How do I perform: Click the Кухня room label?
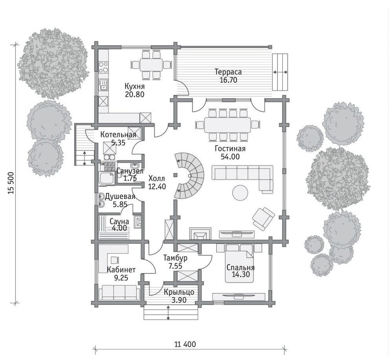point(134,86)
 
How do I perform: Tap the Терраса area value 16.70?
point(228,80)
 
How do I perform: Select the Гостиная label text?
point(230,148)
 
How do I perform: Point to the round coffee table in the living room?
point(240,192)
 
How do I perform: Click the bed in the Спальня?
point(239,263)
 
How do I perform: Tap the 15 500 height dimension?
point(11,183)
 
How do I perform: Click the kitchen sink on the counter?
point(103,84)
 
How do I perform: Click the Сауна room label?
point(119,221)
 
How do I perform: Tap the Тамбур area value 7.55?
point(175,266)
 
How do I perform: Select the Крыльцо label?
point(179,292)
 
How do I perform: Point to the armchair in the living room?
point(263,218)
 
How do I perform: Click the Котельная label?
point(118,135)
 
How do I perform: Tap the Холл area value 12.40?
point(157,186)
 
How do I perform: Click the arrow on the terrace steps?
point(280,72)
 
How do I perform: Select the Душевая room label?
point(120,196)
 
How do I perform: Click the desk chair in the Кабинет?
point(114,260)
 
